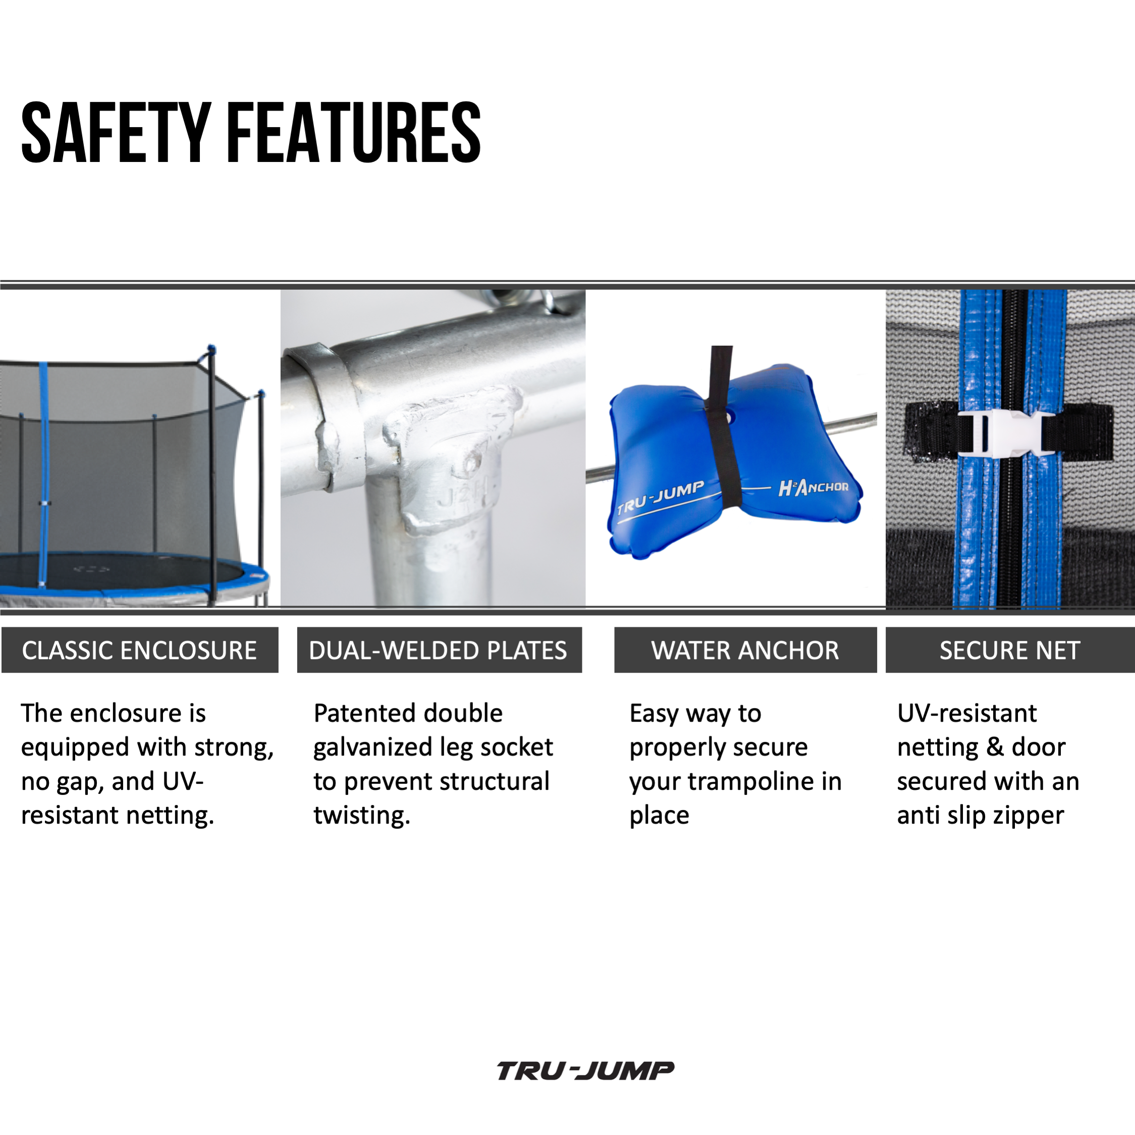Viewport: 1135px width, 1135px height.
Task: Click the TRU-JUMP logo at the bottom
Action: click(585, 1071)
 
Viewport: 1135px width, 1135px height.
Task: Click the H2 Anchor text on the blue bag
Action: click(813, 487)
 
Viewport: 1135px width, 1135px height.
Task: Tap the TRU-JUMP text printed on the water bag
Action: click(660, 498)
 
